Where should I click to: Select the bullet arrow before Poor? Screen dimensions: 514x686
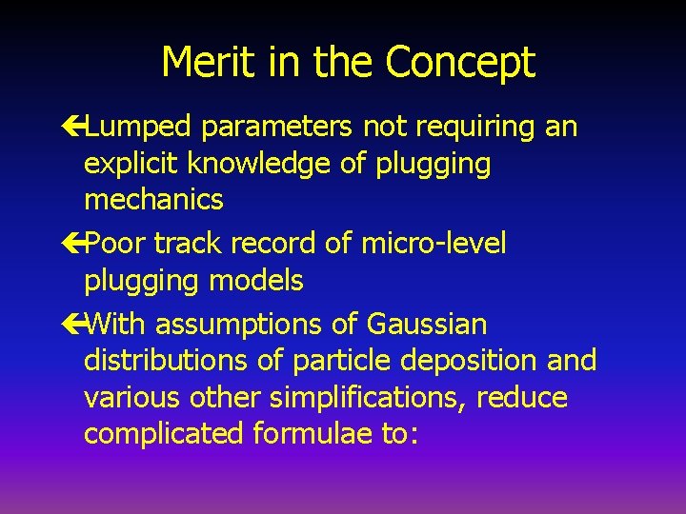(x=74, y=245)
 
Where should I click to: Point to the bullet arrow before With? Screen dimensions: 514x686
(x=74, y=326)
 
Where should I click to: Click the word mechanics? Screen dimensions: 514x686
(x=153, y=200)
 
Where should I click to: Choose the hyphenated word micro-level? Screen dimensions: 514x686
(x=434, y=244)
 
